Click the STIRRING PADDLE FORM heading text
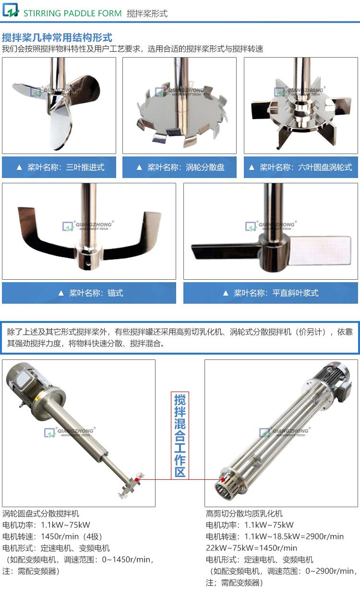pyautogui.click(x=72, y=13)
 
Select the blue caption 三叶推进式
pyautogui.click(x=60, y=167)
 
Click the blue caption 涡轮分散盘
pyautogui.click(x=180, y=167)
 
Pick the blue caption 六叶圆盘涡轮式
pyautogui.click(x=300, y=167)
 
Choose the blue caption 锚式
pyautogui.click(x=89, y=293)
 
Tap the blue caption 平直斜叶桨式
pyautogui.click(x=270, y=293)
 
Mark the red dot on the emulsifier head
pyautogui.click(x=223, y=479)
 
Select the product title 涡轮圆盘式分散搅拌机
pyautogui.click(x=41, y=513)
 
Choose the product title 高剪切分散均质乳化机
pyautogui.click(x=244, y=513)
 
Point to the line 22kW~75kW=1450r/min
pyautogui.click(x=252, y=548)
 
